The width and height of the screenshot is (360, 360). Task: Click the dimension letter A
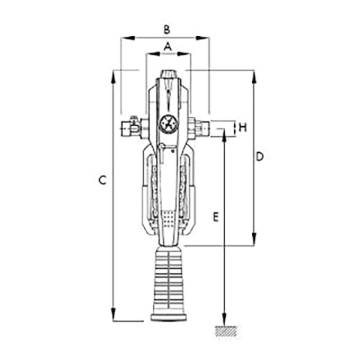point(168,46)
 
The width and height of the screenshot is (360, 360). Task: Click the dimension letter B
point(168,29)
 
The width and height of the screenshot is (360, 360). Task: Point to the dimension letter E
point(215,217)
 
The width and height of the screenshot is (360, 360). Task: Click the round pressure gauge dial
point(168,123)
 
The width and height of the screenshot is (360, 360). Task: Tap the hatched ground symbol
point(224,331)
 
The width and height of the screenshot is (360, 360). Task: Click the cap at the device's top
point(168,75)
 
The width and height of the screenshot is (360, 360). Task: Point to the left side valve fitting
point(130,127)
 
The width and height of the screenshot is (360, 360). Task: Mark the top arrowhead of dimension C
point(113,73)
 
